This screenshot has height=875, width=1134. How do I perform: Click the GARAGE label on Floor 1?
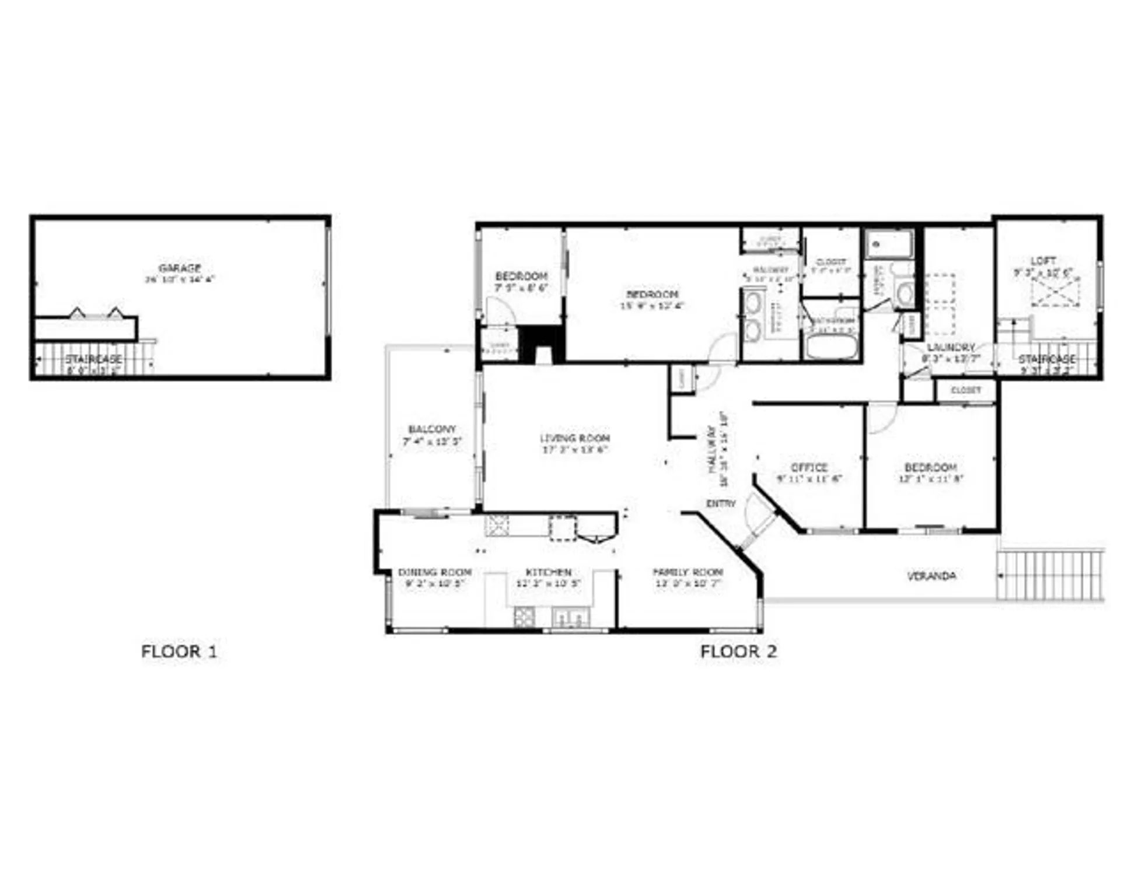pos(180,268)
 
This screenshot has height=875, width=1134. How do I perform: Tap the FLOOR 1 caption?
pos(179,652)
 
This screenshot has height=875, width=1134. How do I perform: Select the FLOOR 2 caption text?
pos(738,652)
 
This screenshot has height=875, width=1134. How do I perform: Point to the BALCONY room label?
pos(432,429)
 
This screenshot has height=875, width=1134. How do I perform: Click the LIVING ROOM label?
pos(575,438)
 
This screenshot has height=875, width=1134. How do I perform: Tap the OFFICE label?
pos(809,467)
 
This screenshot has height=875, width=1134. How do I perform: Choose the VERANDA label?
pos(931,576)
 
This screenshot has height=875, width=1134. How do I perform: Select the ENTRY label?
pos(721,503)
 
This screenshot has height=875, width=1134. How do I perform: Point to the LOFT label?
pos(1043,261)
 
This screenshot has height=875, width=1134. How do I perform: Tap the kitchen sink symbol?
pos(570,616)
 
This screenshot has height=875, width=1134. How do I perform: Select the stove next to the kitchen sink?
pos(524,617)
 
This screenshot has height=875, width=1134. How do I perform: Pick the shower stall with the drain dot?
pos(889,244)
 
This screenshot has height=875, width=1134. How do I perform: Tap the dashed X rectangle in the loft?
pos(1055,292)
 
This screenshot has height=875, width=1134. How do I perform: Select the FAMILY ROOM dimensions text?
pos(688,583)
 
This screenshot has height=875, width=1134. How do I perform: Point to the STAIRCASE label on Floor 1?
pos(93,358)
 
